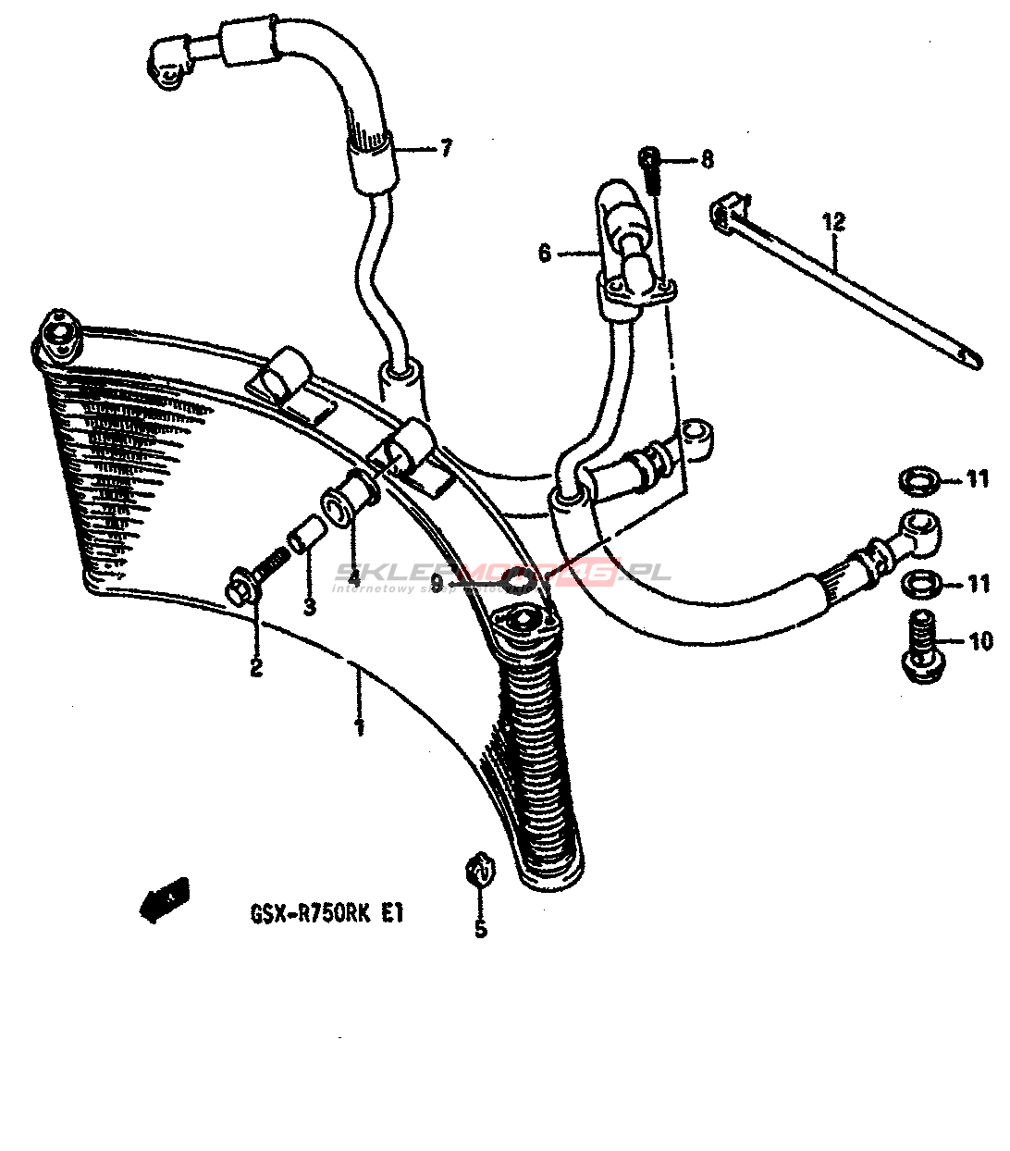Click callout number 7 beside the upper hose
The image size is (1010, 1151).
coord(447,147)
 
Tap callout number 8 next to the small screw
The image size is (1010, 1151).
coord(708,160)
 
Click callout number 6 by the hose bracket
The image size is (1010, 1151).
coord(544,253)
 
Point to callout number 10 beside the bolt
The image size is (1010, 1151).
coord(980,640)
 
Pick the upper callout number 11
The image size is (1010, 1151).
coord(979,478)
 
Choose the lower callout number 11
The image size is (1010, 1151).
coord(979,583)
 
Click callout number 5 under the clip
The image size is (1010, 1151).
coord(480,928)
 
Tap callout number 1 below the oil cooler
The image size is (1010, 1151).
coord(359,726)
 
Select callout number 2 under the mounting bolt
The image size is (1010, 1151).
coord(255,666)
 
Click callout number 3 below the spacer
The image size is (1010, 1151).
coord(310,607)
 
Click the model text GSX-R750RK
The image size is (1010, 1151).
coord(311,914)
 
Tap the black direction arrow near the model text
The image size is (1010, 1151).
coord(163,898)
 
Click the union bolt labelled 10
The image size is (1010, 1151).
coord(920,651)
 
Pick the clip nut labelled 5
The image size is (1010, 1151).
coord(479,871)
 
